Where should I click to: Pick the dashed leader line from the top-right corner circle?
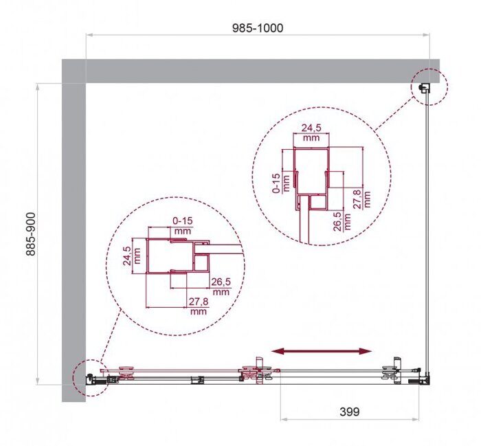pos(395,113)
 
